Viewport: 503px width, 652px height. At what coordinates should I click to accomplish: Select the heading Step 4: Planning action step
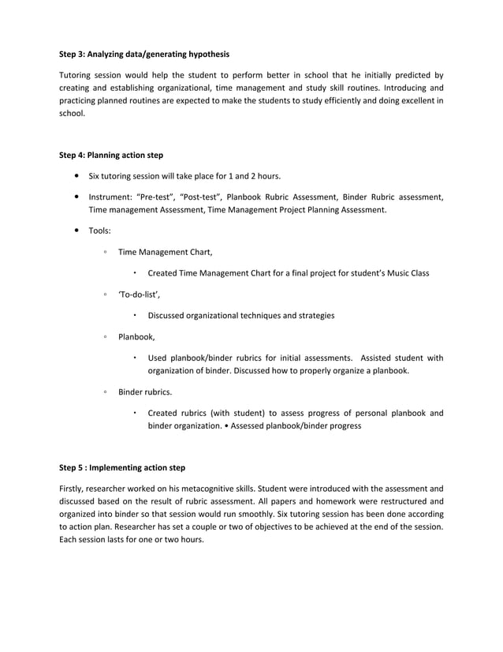(111, 155)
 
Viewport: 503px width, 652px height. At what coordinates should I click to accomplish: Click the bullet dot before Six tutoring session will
(74, 175)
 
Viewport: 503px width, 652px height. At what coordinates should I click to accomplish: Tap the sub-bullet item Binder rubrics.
(144, 392)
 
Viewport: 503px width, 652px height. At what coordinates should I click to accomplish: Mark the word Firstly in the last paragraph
(73, 489)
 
